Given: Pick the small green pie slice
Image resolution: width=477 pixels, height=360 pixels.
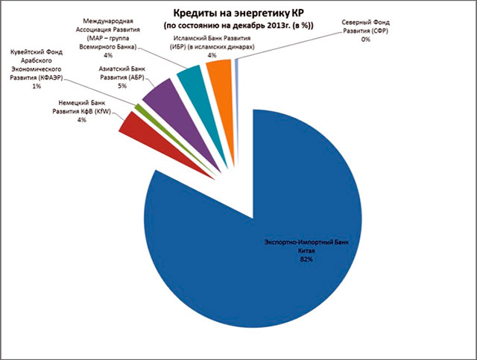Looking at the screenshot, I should coord(136,110).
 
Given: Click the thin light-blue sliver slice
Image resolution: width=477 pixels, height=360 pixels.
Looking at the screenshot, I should coord(236,68).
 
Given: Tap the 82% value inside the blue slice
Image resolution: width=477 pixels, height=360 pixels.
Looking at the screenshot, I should coord(305,260).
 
